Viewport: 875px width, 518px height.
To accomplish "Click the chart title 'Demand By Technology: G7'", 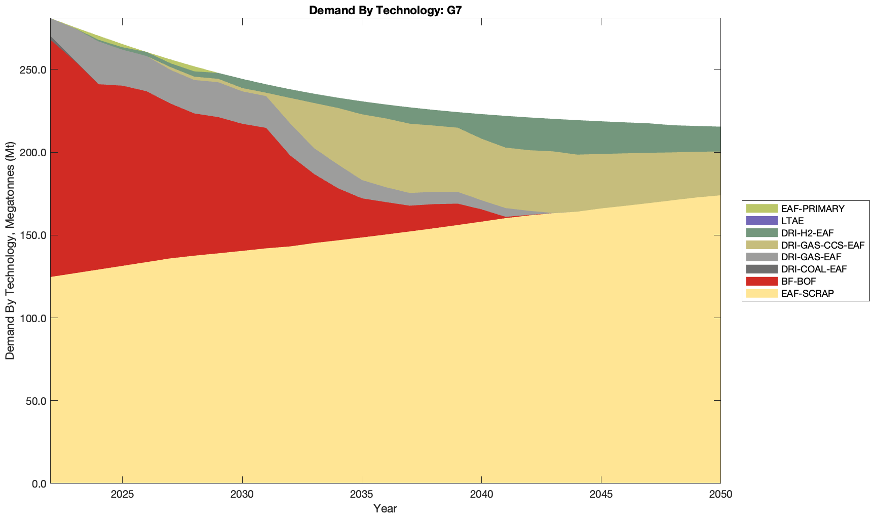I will [385, 10].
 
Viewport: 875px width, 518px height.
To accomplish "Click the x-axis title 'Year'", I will [385, 508].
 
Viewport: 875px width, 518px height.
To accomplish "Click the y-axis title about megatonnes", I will [10, 251].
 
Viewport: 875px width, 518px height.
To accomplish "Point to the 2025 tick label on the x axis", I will [122, 495].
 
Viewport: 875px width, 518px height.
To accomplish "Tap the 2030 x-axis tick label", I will [242, 495].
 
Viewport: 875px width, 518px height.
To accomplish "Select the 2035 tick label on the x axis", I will [362, 495].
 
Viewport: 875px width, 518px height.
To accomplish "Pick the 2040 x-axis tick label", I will [481, 495].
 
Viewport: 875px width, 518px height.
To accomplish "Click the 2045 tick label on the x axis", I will [601, 495].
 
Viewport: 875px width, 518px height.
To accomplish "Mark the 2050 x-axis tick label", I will [720, 495].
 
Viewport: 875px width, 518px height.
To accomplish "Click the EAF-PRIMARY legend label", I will [813, 209].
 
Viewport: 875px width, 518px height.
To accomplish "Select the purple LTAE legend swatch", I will [761, 221].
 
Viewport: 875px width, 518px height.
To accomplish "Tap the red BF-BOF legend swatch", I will [761, 281].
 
